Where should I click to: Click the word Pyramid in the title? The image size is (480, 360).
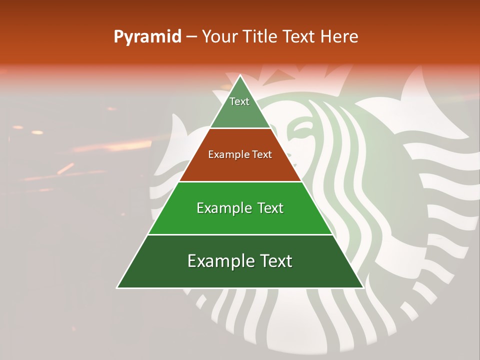(147, 37)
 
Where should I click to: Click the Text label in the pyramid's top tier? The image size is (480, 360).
(239, 102)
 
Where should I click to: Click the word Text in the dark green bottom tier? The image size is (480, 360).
(275, 261)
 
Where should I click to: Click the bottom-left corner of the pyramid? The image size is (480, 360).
(117, 287)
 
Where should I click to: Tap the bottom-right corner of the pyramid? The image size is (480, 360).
(363, 287)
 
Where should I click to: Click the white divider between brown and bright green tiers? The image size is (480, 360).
(240, 181)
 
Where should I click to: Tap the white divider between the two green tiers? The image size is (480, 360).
(240, 234)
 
